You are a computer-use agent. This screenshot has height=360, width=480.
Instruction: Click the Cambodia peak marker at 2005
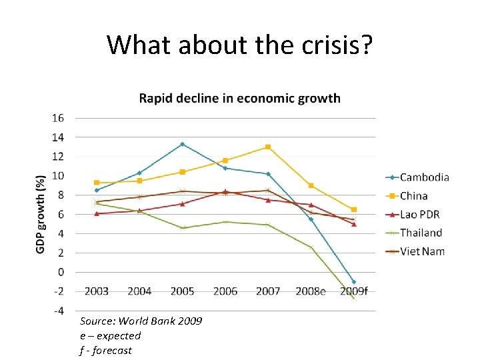(x=182, y=144)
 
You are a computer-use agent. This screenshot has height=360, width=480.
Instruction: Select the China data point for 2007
(x=268, y=147)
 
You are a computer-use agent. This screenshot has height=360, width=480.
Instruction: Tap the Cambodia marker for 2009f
(x=354, y=282)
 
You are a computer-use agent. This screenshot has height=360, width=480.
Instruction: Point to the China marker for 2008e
(x=311, y=185)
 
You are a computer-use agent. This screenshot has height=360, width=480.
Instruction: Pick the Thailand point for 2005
(x=182, y=228)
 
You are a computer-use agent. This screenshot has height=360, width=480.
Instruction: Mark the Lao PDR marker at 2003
(x=97, y=213)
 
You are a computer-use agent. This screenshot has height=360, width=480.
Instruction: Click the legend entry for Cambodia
(x=424, y=177)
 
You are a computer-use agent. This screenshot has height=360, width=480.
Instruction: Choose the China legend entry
(x=413, y=196)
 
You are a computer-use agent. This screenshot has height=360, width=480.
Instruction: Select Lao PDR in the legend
(x=419, y=214)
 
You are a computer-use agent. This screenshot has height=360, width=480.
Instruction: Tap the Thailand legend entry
(x=421, y=233)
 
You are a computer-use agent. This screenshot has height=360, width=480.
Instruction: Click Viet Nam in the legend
(x=421, y=251)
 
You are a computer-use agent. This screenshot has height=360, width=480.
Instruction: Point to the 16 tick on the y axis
(x=58, y=118)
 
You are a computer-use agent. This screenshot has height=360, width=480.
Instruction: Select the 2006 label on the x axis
(x=225, y=291)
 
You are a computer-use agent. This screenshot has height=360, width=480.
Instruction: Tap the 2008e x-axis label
(x=310, y=291)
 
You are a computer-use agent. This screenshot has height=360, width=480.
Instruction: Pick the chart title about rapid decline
(x=239, y=99)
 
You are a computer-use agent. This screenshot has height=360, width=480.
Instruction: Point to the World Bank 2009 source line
(x=141, y=321)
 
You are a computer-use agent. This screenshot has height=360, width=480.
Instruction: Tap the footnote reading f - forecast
(x=105, y=350)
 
